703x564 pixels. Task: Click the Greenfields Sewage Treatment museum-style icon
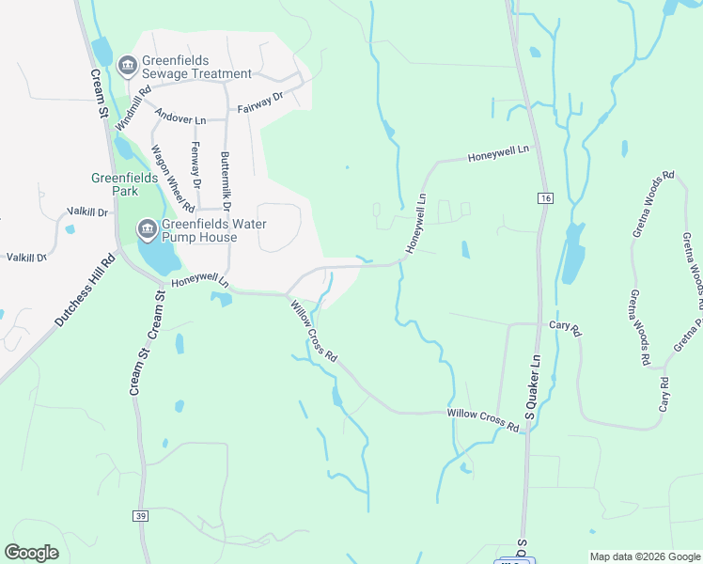coord(128,65)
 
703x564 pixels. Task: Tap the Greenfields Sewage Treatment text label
coord(196,67)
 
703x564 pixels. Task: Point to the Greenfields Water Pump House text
coord(213,230)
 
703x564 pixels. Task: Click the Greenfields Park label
coord(115,183)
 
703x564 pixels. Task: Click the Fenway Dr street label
coord(196,163)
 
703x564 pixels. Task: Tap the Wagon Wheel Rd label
coord(173,179)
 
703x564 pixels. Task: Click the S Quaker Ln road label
coord(531,386)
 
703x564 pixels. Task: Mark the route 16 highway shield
coord(545,197)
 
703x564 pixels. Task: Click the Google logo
coord(31,552)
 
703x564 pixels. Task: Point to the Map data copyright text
coord(645,556)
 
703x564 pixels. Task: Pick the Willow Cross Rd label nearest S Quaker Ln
coord(483,419)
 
